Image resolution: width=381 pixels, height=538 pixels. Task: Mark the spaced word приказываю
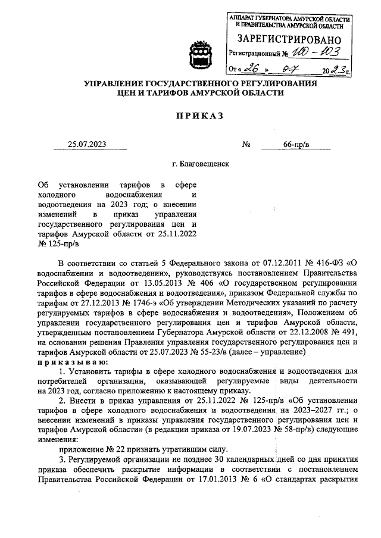point(71,362)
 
